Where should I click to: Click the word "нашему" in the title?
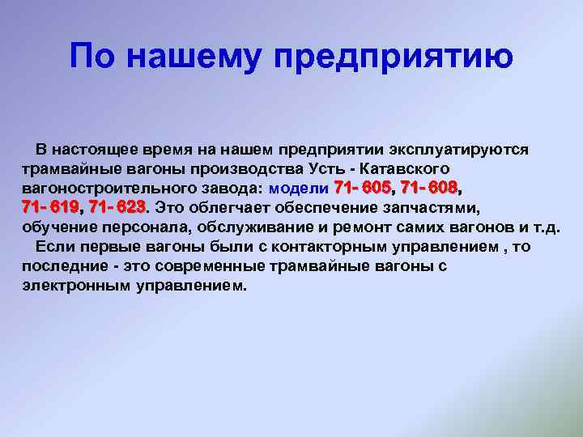193,57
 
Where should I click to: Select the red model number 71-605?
363,188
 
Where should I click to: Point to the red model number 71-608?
428,188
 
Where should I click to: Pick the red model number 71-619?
50,207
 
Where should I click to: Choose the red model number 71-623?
117,207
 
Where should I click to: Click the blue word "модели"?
299,189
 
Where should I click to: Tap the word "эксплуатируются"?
459,151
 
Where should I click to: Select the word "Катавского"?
405,169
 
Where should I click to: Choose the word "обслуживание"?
255,227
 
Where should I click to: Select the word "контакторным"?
329,247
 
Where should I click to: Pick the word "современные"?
210,266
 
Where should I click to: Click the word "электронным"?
76,286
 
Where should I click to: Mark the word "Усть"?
326,169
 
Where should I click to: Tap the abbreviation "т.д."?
546,227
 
